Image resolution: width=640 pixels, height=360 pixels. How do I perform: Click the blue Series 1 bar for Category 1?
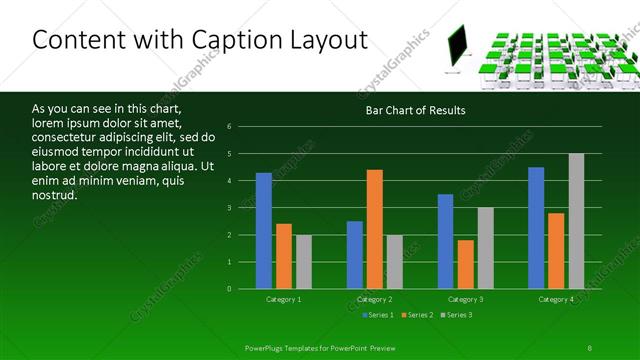pyautogui.click(x=264, y=231)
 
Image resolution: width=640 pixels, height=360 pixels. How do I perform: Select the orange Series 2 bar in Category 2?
pyautogui.click(x=375, y=229)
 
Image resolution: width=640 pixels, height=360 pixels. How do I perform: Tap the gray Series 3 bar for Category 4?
pyautogui.click(x=576, y=221)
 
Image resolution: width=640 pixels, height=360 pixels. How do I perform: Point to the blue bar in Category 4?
pyautogui.click(x=536, y=228)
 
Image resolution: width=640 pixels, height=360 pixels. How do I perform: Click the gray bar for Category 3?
pyautogui.click(x=485, y=248)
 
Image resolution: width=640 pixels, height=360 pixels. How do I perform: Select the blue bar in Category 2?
pyautogui.click(x=355, y=255)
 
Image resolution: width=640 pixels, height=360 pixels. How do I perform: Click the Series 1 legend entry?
pyautogui.click(x=377, y=315)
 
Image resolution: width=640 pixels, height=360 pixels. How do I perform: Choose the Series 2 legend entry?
pyautogui.click(x=417, y=315)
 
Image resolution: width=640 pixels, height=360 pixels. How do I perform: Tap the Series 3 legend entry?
pyautogui.click(x=457, y=315)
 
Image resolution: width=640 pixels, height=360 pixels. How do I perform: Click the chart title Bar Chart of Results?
pyautogui.click(x=415, y=110)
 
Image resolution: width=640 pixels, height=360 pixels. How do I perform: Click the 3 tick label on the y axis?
pyautogui.click(x=230, y=208)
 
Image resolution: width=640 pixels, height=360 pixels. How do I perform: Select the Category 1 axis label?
pyautogui.click(x=284, y=299)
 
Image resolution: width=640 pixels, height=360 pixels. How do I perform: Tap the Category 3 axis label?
pyautogui.click(x=466, y=299)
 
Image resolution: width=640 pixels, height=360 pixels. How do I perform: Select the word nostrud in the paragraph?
pyautogui.click(x=55, y=194)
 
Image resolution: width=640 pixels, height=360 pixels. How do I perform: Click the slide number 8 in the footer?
pyautogui.click(x=590, y=347)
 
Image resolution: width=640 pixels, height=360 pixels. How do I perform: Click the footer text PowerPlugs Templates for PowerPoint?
pyautogui.click(x=315, y=347)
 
